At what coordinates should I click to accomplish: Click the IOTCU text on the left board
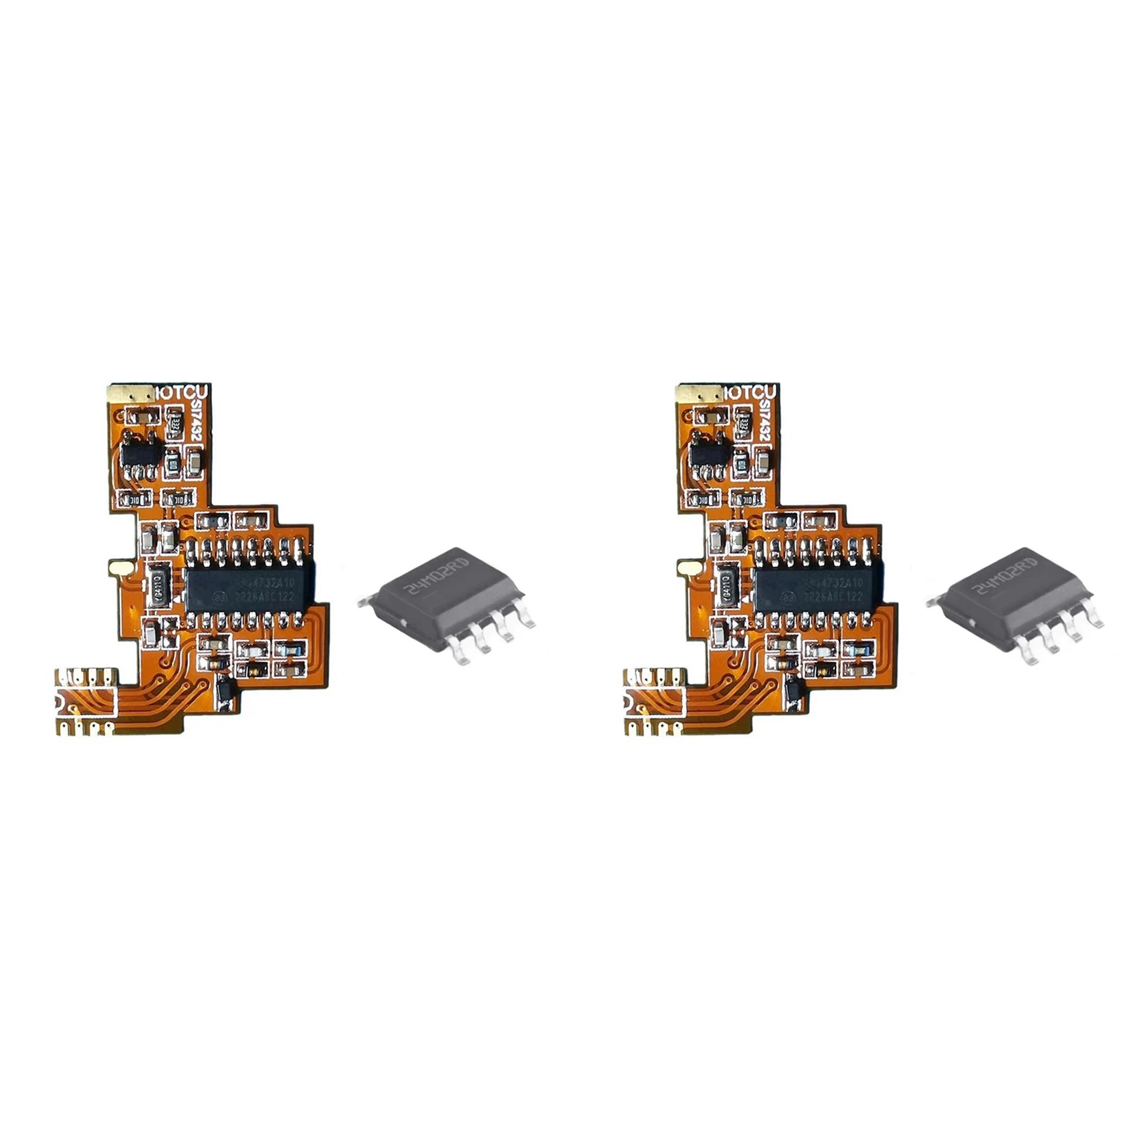tap(183, 393)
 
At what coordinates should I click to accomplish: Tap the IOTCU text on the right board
tap(751, 393)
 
